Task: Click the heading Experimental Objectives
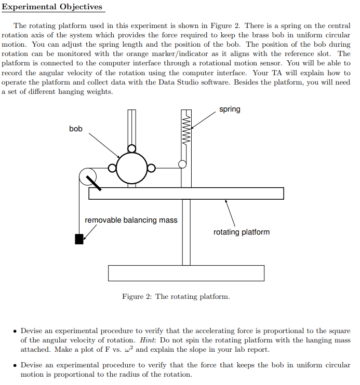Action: point(52,7)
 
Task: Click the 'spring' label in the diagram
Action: point(230,109)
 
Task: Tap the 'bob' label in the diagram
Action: point(76,128)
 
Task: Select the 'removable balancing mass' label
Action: point(131,220)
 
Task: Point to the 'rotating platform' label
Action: point(242,232)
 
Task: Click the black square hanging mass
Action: point(79,239)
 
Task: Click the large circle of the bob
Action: point(131,168)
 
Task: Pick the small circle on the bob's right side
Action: point(151,168)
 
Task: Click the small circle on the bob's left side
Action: point(112,168)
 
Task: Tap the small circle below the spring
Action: point(182,164)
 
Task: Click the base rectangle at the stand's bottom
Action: point(186,273)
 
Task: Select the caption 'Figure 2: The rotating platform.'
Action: point(176,296)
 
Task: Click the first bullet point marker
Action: point(15,331)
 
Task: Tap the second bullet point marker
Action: point(15,365)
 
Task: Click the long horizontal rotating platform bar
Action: point(186,193)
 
